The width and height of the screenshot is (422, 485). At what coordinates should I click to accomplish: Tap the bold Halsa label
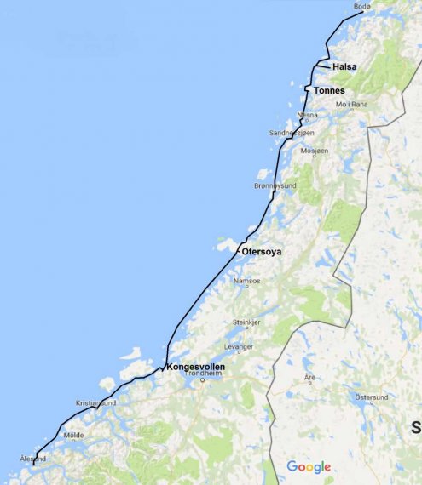344,66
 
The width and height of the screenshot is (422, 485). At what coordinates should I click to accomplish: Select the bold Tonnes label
328,90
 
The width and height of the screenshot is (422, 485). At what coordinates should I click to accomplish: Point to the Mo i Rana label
350,105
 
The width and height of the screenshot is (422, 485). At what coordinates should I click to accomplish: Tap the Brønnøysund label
275,185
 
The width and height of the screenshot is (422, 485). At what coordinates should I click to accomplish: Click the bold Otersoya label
261,253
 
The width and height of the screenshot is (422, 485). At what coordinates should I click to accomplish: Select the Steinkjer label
246,322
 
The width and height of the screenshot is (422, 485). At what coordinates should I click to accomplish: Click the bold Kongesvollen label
197,367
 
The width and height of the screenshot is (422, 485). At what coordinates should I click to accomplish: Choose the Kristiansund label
94,402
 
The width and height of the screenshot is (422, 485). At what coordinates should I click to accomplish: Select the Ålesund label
32,459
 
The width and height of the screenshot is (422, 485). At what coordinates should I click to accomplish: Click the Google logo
308,466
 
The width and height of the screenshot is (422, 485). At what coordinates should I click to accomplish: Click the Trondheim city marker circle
203,380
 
